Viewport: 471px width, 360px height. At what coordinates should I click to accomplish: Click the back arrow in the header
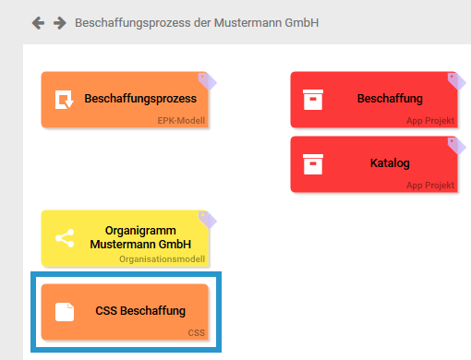[38, 22]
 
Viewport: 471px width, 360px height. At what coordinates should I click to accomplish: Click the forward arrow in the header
[60, 22]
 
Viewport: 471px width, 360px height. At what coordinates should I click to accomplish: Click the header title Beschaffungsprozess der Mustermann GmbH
[197, 22]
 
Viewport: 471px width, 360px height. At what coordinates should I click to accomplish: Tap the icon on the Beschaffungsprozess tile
[64, 99]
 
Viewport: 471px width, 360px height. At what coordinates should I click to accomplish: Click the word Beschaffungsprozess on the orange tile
[139, 99]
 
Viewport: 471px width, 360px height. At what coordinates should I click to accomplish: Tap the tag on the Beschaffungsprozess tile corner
[207, 80]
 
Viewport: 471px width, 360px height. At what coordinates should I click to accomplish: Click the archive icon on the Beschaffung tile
[313, 99]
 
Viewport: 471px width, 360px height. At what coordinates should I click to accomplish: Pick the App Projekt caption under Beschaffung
[431, 120]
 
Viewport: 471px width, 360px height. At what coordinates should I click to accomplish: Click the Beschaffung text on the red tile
[390, 99]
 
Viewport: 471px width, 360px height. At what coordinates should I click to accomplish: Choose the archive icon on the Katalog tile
[313, 164]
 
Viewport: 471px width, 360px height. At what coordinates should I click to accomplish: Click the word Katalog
[390, 164]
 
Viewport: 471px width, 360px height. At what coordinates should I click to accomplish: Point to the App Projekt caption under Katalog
[431, 185]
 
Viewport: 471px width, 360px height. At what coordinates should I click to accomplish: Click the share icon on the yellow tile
[64, 238]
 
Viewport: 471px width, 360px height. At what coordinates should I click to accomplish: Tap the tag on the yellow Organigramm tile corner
[207, 219]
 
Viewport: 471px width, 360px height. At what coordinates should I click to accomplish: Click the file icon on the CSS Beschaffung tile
[64, 312]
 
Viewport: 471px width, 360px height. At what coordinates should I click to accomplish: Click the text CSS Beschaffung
[140, 312]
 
